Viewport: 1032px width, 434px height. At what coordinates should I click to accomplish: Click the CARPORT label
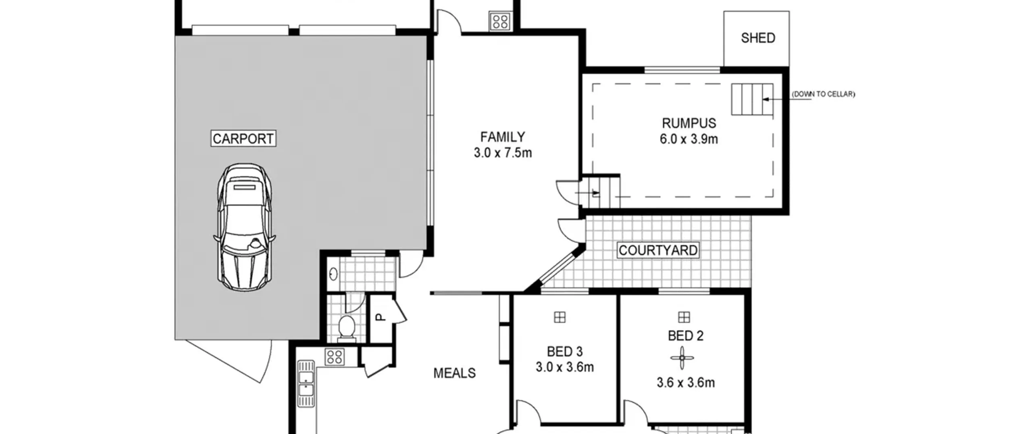243,138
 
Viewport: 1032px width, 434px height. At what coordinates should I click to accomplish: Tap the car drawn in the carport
245,227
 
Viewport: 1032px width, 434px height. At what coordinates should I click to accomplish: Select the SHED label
758,38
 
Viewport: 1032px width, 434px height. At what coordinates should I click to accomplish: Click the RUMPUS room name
689,123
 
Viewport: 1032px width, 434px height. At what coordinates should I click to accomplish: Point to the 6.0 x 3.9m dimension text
689,139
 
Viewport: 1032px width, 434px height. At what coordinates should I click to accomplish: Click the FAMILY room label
502,137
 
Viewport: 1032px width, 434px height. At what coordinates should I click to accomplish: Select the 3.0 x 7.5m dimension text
503,153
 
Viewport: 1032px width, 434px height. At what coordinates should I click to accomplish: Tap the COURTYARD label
658,250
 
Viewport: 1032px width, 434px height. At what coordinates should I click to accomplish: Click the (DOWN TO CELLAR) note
823,94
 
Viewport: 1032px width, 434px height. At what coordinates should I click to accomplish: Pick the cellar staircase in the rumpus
752,99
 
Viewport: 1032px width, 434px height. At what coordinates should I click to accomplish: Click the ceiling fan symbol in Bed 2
682,358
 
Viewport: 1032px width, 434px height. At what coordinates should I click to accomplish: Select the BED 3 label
564,352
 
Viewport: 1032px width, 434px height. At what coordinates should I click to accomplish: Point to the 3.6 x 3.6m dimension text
686,383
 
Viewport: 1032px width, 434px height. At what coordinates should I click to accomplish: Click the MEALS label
454,373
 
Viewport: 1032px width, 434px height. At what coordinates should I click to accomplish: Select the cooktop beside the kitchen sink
335,357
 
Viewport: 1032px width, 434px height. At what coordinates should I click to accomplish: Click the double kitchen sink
306,384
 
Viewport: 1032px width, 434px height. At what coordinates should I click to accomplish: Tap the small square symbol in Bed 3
560,317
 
